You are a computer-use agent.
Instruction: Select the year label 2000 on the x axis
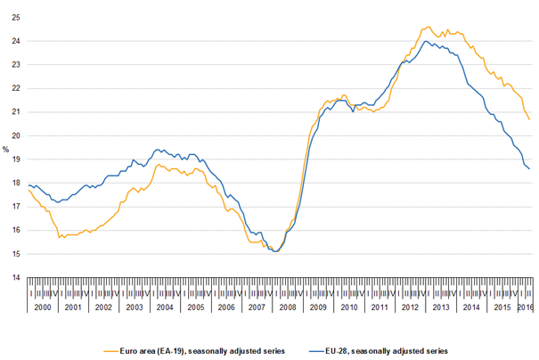coord(42,307)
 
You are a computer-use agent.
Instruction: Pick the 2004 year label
coord(165,307)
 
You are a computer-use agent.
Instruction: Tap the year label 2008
coord(289,307)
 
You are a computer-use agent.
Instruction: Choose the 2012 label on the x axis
coord(412,307)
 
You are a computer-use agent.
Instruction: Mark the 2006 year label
coord(226,307)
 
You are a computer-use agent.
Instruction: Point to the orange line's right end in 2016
coord(529,119)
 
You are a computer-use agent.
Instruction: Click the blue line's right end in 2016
coord(529,168)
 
